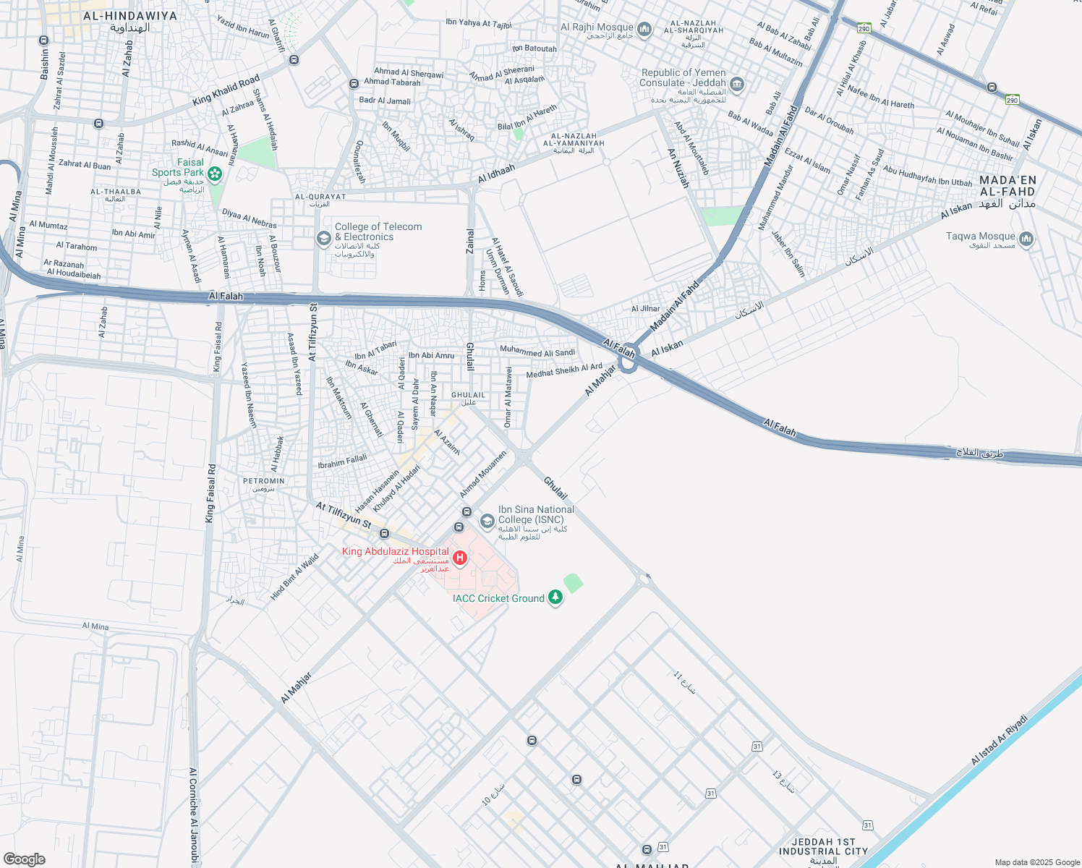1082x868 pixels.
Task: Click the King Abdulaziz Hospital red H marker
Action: click(459, 558)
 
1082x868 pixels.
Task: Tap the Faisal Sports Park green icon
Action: click(214, 174)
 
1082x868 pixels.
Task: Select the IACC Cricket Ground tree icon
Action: click(555, 597)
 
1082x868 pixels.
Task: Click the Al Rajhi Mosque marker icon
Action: click(644, 29)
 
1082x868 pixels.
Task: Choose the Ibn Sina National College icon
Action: click(487, 521)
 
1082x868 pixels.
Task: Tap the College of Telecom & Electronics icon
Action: click(324, 238)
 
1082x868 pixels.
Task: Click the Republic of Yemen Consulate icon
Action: click(737, 85)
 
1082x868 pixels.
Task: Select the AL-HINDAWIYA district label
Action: click(130, 16)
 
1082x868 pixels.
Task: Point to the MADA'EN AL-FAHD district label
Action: click(1008, 186)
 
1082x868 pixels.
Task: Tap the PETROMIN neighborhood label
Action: click(264, 481)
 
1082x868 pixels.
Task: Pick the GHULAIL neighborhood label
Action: click(468, 395)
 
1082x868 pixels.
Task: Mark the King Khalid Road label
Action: click(226, 90)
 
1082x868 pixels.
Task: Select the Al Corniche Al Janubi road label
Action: click(193, 816)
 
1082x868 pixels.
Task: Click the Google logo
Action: click(24, 859)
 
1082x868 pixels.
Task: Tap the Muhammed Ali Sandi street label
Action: click(537, 352)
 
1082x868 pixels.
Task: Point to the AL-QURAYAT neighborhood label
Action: click(320, 197)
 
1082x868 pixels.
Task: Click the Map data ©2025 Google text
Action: click(1036, 862)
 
